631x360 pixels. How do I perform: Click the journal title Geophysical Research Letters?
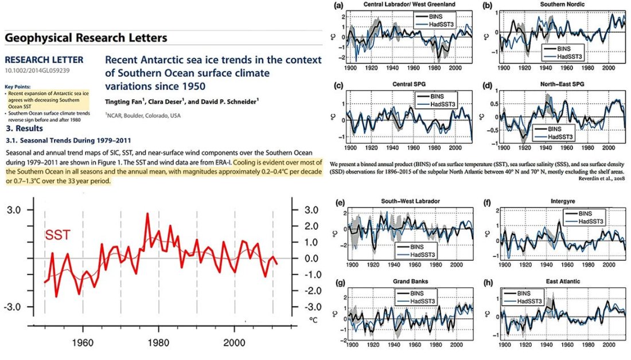pyautogui.click(x=86, y=38)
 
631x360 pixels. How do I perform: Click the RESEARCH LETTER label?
pyautogui.click(x=44, y=60)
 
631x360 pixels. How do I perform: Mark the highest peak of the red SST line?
pyautogui.click(x=147, y=214)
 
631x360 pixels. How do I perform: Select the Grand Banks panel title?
pyautogui.click(x=403, y=281)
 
